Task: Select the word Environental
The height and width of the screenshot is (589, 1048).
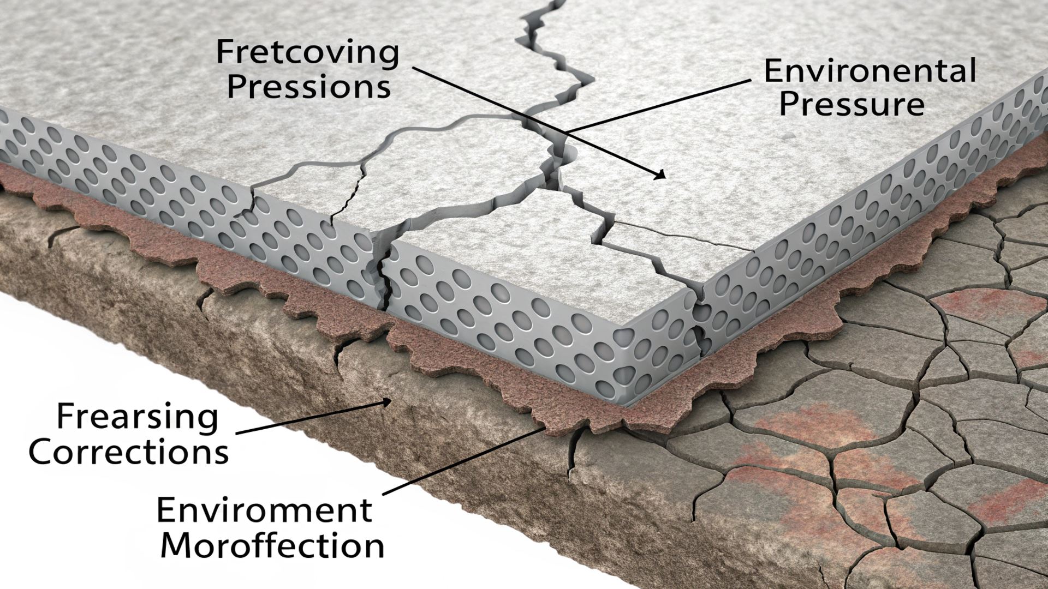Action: (869, 71)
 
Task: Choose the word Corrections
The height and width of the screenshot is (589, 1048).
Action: (128, 452)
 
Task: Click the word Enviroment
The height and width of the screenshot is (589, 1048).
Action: (264, 510)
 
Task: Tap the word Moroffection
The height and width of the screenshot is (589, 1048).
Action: (272, 545)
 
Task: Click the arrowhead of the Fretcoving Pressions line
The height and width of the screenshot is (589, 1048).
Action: (661, 175)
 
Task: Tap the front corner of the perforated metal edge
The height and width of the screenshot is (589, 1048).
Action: (628, 404)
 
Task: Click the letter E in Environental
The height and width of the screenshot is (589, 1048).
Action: (773, 71)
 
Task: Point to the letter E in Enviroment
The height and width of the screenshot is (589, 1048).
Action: (166, 510)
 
